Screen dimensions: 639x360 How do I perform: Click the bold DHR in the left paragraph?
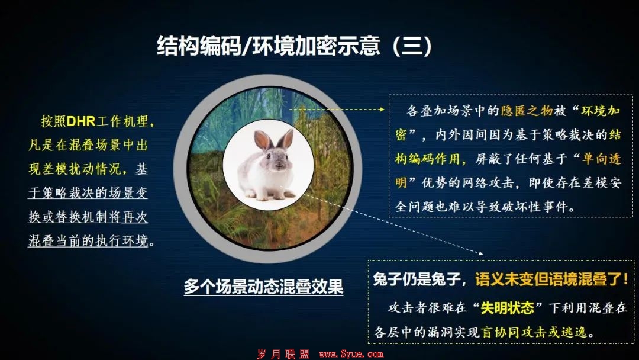(x=80, y=121)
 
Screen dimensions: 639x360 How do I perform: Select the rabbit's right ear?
(x=285, y=139)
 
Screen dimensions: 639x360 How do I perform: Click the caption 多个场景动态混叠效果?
(x=264, y=287)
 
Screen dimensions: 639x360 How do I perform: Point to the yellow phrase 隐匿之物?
(x=527, y=111)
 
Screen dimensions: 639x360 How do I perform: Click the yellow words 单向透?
(x=602, y=159)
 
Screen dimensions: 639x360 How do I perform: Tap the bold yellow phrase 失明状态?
(x=507, y=308)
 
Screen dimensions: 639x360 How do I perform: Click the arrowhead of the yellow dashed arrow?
(x=382, y=110)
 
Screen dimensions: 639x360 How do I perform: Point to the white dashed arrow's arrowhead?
(x=480, y=253)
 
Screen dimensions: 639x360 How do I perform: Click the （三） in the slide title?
(x=412, y=46)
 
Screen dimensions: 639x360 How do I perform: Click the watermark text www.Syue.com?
(x=351, y=354)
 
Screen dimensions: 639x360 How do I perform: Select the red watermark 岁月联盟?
(x=283, y=354)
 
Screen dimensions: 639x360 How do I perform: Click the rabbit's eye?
(x=269, y=157)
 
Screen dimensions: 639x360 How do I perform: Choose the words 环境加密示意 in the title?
(x=317, y=46)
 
